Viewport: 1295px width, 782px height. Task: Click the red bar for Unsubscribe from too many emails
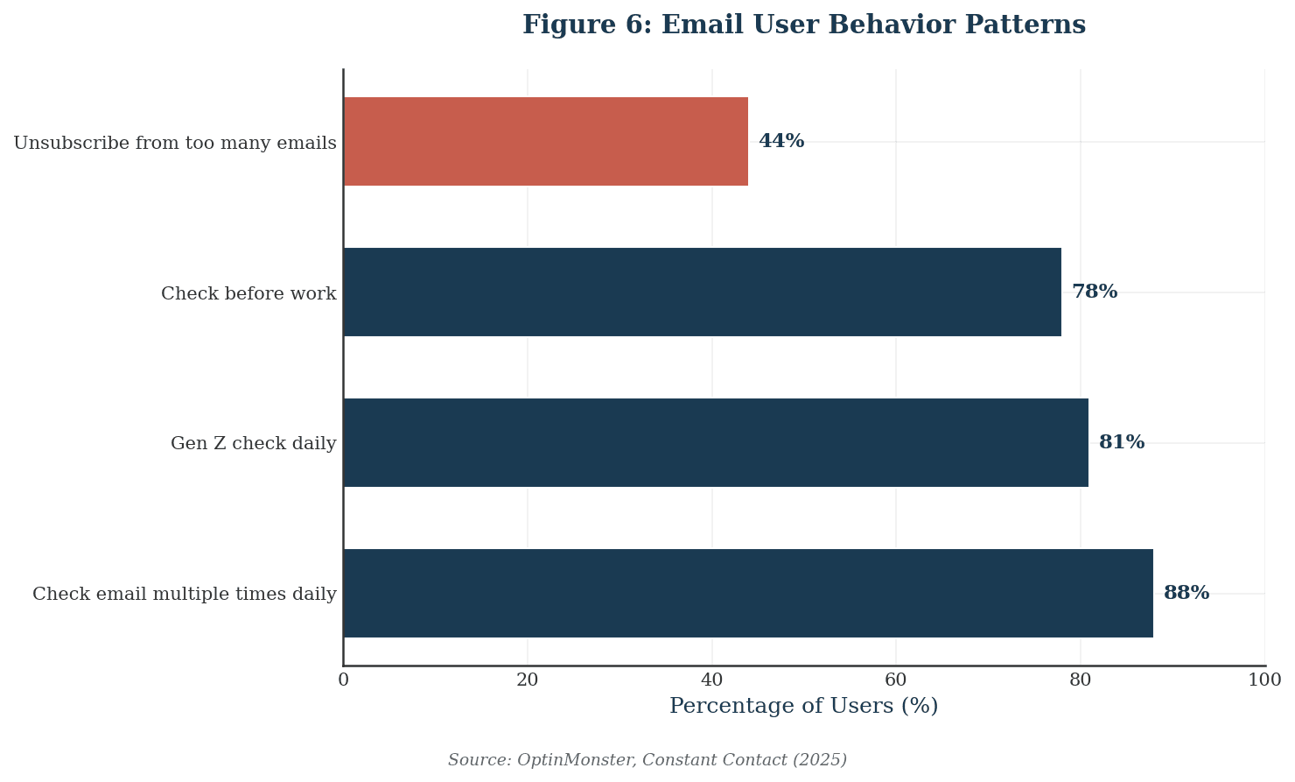pyautogui.click(x=545, y=141)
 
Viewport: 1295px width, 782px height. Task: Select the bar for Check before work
pyautogui.click(x=702, y=292)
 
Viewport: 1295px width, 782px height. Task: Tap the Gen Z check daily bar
pyautogui.click(x=716, y=442)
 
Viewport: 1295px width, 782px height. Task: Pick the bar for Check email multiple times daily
pyautogui.click(x=748, y=593)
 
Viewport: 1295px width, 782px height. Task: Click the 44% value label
pyautogui.click(x=781, y=141)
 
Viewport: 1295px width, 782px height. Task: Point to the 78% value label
pyautogui.click(x=1095, y=292)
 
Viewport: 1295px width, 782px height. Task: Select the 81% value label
pyautogui.click(x=1122, y=442)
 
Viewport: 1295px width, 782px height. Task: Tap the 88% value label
pyautogui.click(x=1186, y=593)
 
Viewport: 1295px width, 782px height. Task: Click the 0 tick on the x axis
pyautogui.click(x=343, y=680)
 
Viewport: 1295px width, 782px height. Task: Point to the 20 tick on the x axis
pyautogui.click(x=528, y=680)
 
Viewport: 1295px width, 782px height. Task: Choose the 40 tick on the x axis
pyautogui.click(x=711, y=680)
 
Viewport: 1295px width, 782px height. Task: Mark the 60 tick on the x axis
pyautogui.click(x=896, y=680)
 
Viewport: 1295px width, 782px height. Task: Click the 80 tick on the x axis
pyautogui.click(x=1081, y=680)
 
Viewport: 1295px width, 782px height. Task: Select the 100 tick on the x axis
pyautogui.click(x=1264, y=680)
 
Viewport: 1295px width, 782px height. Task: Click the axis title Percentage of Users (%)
pyautogui.click(x=803, y=706)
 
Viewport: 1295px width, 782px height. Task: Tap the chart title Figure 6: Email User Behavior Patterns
pyautogui.click(x=803, y=25)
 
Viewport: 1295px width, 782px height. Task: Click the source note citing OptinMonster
pyautogui.click(x=647, y=760)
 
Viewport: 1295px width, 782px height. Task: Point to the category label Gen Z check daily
pyautogui.click(x=253, y=444)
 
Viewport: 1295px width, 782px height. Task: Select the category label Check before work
pyautogui.click(x=248, y=293)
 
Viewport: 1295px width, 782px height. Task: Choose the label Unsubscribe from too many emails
pyautogui.click(x=175, y=143)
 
